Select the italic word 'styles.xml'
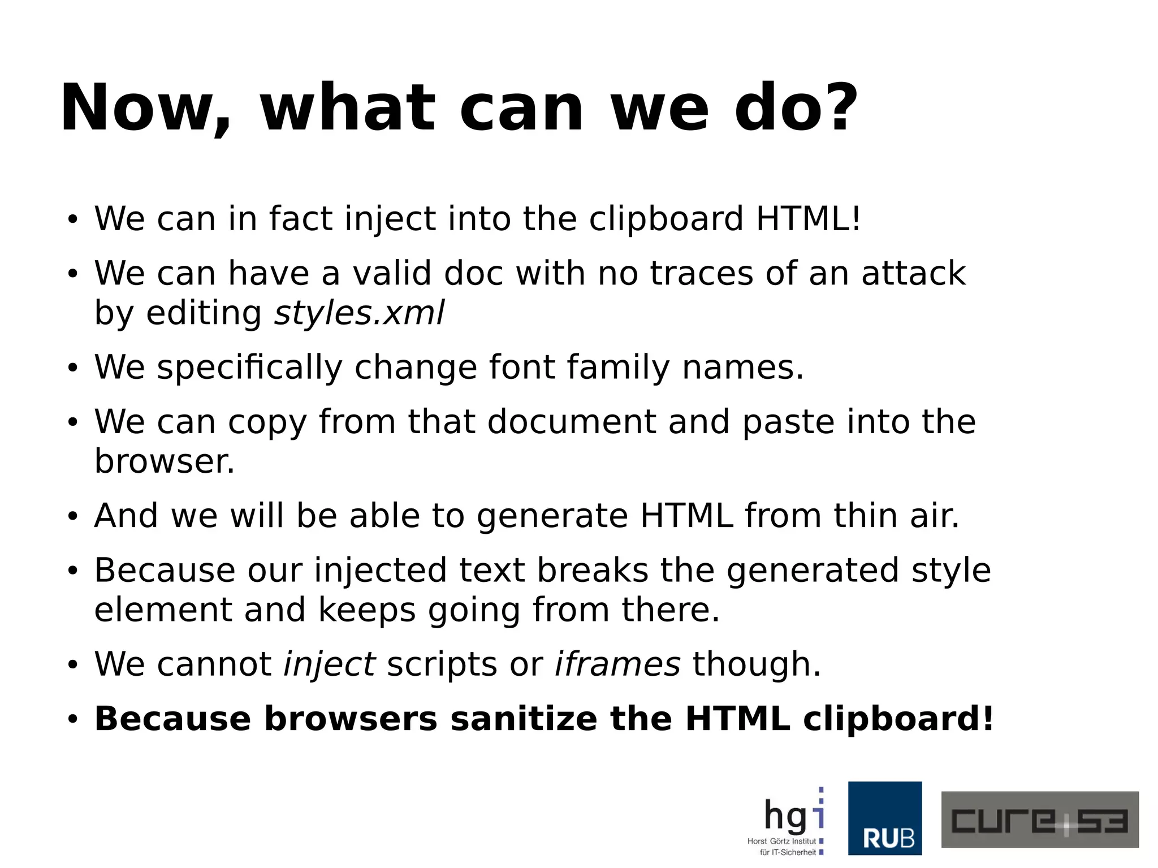359,313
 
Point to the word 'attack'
913,273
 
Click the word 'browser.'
164,461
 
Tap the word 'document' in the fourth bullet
571,422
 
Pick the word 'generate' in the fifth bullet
552,517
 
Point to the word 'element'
163,610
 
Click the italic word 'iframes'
617,664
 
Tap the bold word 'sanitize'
524,719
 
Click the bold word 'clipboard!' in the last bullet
898,719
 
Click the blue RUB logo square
884,818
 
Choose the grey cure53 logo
1039,819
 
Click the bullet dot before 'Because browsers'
72,719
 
